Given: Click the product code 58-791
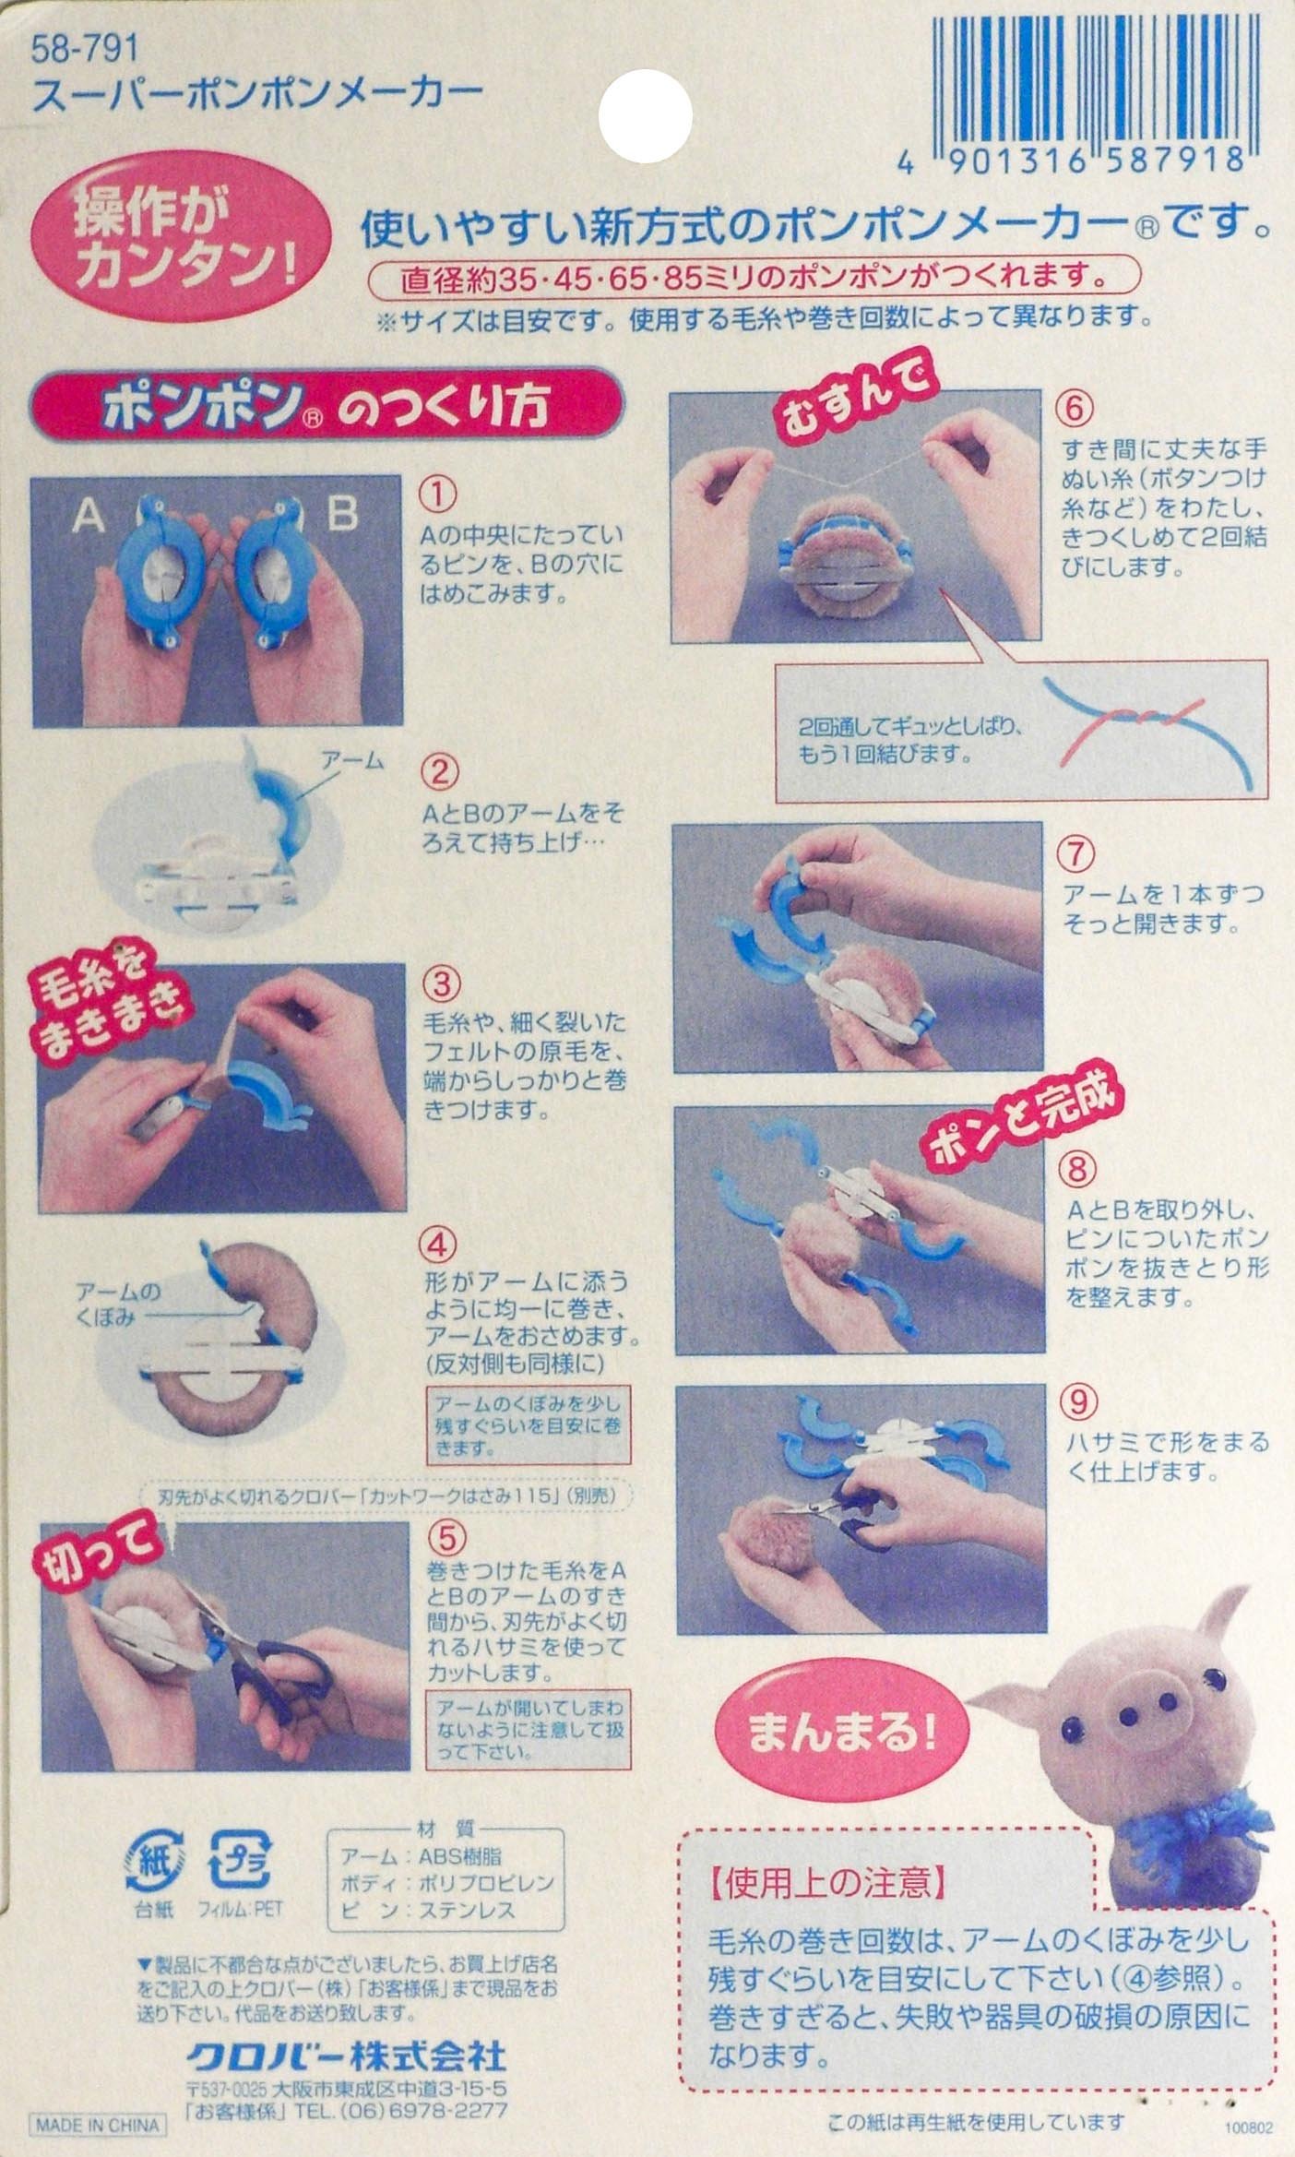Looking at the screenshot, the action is (85, 50).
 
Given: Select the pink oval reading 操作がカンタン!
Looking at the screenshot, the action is (183, 240).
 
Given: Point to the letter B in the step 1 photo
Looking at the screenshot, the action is (342, 514).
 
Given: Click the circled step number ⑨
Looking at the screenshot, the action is (1080, 1403).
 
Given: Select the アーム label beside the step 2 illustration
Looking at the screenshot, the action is (351, 761).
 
